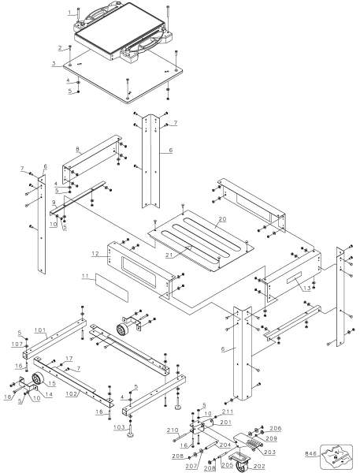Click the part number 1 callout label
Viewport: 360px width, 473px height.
[69, 13]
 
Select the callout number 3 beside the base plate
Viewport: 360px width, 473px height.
[54, 62]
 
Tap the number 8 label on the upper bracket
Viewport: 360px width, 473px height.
[76, 148]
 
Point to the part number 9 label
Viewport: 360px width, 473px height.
[53, 202]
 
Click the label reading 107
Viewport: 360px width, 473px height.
[17, 344]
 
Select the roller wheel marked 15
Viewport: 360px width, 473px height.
[37, 384]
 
